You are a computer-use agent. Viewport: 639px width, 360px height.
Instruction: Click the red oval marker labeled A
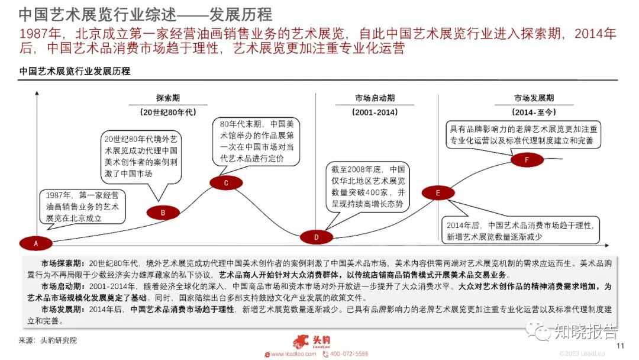[x=35, y=243]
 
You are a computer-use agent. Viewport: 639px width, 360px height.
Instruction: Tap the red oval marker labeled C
[x=226, y=183]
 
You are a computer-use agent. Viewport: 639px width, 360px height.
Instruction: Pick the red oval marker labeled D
[x=316, y=237]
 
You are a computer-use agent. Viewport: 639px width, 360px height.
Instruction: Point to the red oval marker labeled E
[x=438, y=192]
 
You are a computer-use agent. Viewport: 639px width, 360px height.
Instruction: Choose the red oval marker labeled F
[x=527, y=160]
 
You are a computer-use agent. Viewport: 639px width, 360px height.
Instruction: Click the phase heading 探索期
[x=168, y=98]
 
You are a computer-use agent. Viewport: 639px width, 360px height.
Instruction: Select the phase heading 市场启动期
[x=375, y=98]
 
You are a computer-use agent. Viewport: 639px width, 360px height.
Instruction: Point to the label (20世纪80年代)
[x=168, y=111]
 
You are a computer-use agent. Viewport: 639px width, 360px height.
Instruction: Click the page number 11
[x=620, y=346]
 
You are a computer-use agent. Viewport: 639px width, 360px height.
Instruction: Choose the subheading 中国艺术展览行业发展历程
[x=75, y=71]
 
